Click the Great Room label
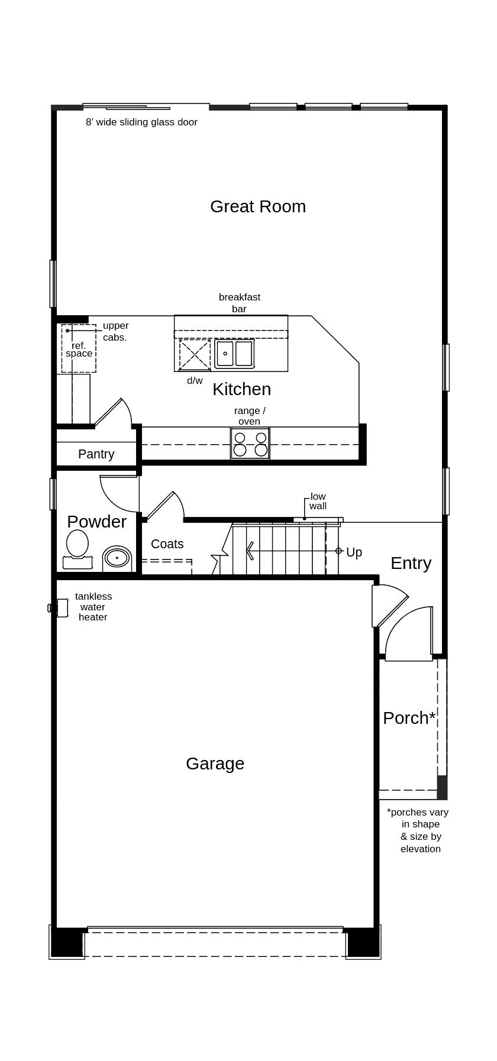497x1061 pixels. coord(258,206)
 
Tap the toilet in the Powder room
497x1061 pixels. coord(78,548)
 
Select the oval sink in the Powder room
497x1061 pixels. coord(117,558)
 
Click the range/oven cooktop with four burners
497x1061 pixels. coord(250,444)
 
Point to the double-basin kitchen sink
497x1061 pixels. coord(234,354)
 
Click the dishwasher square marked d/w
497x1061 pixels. coord(195,355)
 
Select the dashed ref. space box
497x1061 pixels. coord(79,349)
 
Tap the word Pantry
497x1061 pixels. coord(96,454)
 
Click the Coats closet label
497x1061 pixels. coord(167,544)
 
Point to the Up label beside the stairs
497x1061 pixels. coord(354,552)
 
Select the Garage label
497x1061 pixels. coord(215,764)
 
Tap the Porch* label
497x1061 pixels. coord(409,718)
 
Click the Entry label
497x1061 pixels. coord(411,563)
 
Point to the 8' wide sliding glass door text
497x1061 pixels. coord(141,122)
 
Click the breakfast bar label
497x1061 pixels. coord(239,303)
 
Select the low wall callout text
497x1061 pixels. coord(318,502)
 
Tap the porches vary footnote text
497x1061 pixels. coord(418,830)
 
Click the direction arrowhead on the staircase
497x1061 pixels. coord(250,551)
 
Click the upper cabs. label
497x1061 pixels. coord(115,331)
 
